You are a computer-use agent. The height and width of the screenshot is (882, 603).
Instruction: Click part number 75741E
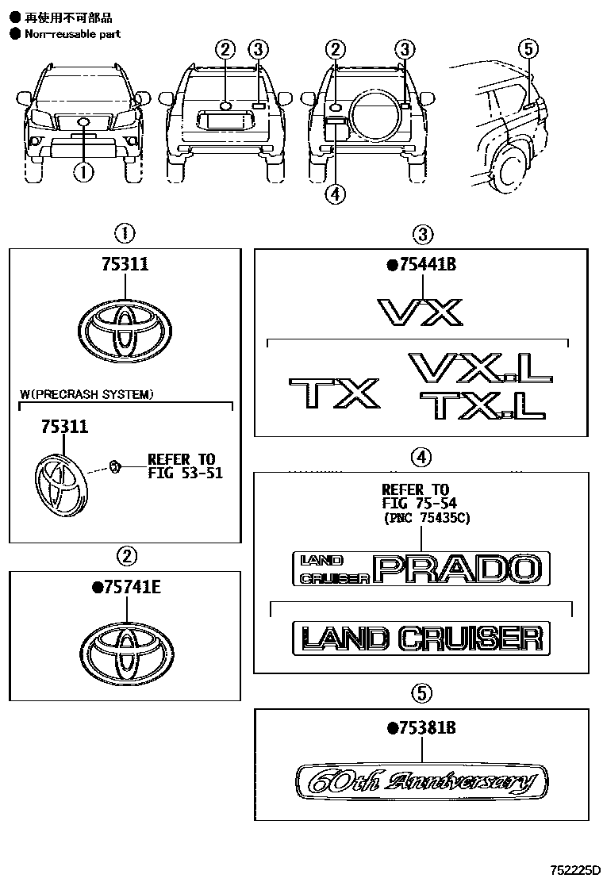click(128, 587)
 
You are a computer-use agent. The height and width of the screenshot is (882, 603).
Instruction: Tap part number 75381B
click(421, 727)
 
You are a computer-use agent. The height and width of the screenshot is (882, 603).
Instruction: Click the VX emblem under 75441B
click(420, 311)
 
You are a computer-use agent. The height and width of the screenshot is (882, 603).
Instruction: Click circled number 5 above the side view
click(528, 49)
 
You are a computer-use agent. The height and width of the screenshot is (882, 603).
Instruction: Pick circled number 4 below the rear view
click(336, 193)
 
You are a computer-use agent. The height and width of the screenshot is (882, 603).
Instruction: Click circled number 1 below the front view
click(83, 171)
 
